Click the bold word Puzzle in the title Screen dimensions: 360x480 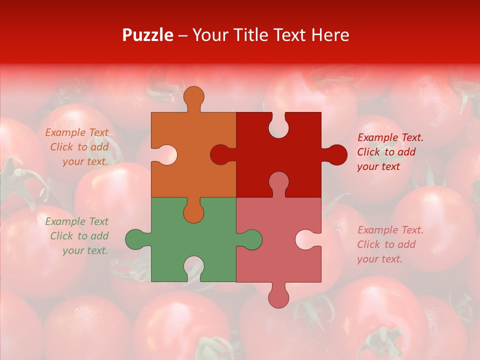pos(148,35)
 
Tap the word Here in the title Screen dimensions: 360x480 pos(329,35)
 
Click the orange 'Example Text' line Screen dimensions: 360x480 pos(77,132)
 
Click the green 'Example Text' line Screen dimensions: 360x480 pos(77,221)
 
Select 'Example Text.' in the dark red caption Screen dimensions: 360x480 pos(390,137)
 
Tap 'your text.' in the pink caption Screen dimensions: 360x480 pos(379,259)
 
